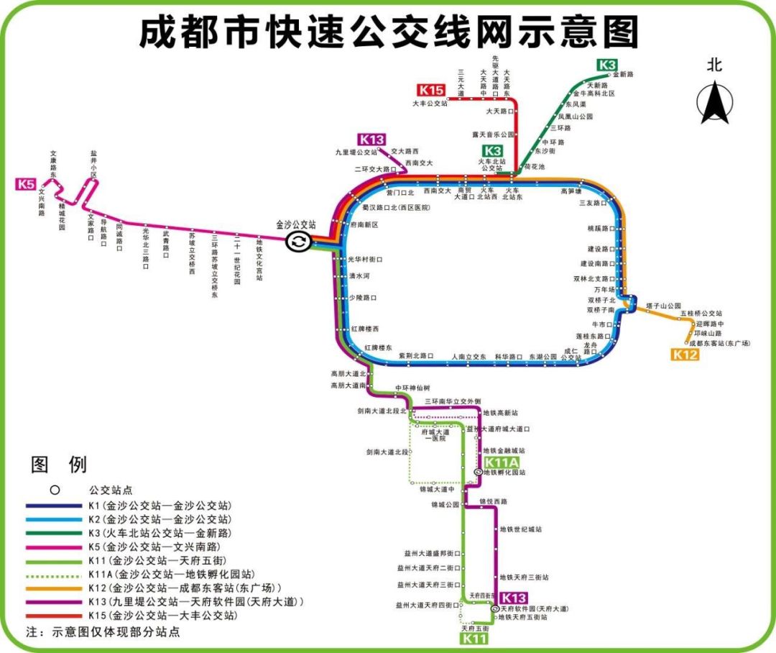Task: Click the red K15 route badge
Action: click(x=432, y=90)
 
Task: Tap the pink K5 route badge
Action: click(x=26, y=184)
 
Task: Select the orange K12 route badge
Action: click(x=685, y=354)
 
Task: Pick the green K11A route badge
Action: click(x=502, y=462)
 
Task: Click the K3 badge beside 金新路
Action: click(x=607, y=65)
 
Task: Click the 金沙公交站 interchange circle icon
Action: click(x=298, y=242)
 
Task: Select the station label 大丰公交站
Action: click(x=430, y=104)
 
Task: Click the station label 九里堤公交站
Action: click(x=356, y=152)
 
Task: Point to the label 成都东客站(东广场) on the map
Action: click(x=719, y=343)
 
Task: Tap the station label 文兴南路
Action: click(x=42, y=204)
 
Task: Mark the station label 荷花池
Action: click(x=535, y=167)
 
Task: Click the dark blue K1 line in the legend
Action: click(x=54, y=506)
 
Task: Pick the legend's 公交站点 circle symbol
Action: click(x=54, y=490)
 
